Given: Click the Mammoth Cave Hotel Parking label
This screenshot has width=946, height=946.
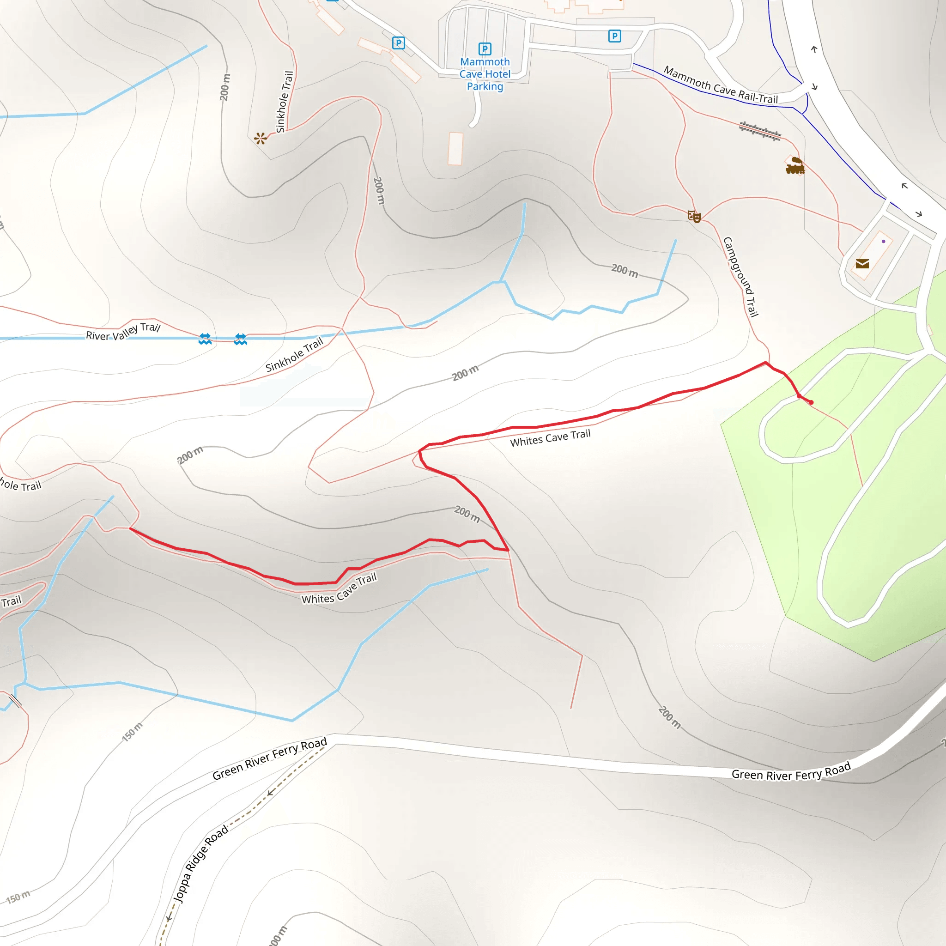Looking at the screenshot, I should pos(485,74).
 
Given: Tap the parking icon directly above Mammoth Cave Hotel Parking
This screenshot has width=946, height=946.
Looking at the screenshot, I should pos(485,49).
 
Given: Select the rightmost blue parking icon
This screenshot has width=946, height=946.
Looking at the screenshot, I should pos(614,36).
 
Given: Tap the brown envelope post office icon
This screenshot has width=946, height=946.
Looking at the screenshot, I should pos(862,264).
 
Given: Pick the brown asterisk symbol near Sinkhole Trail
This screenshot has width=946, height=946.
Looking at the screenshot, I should pos(261,139).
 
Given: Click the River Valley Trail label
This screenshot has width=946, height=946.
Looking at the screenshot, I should pos(123,332).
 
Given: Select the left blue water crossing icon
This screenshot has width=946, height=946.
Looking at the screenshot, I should pos(205,339).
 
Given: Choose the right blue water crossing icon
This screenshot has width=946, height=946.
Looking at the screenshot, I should pos(240,340).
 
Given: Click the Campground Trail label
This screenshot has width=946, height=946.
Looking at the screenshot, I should pos(741,277).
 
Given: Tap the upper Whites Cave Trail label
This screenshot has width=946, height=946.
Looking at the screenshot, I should pos(550,438).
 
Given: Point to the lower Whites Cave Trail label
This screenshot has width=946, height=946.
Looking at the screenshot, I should pos(340,589).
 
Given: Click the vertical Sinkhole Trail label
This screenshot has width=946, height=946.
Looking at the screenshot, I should pos(285,102).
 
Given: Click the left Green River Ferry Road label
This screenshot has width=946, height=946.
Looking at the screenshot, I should pos(269,758).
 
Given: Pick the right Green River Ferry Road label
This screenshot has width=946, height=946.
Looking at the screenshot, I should pos(791,772).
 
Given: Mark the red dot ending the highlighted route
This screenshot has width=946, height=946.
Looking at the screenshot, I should pos(811,402).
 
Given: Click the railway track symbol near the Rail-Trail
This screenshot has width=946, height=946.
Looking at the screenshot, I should pos(760,131).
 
